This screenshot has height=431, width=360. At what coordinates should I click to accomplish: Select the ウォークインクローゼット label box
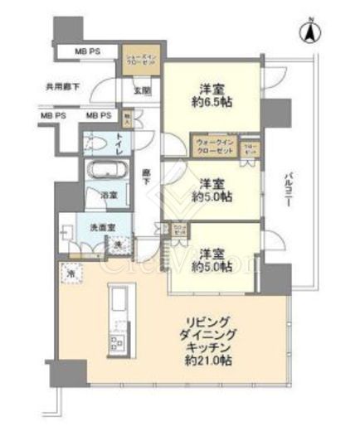pos(214,147)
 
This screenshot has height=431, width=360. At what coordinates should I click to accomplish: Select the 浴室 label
pos(109,196)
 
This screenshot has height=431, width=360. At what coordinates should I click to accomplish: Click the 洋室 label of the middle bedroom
pos(212,184)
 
